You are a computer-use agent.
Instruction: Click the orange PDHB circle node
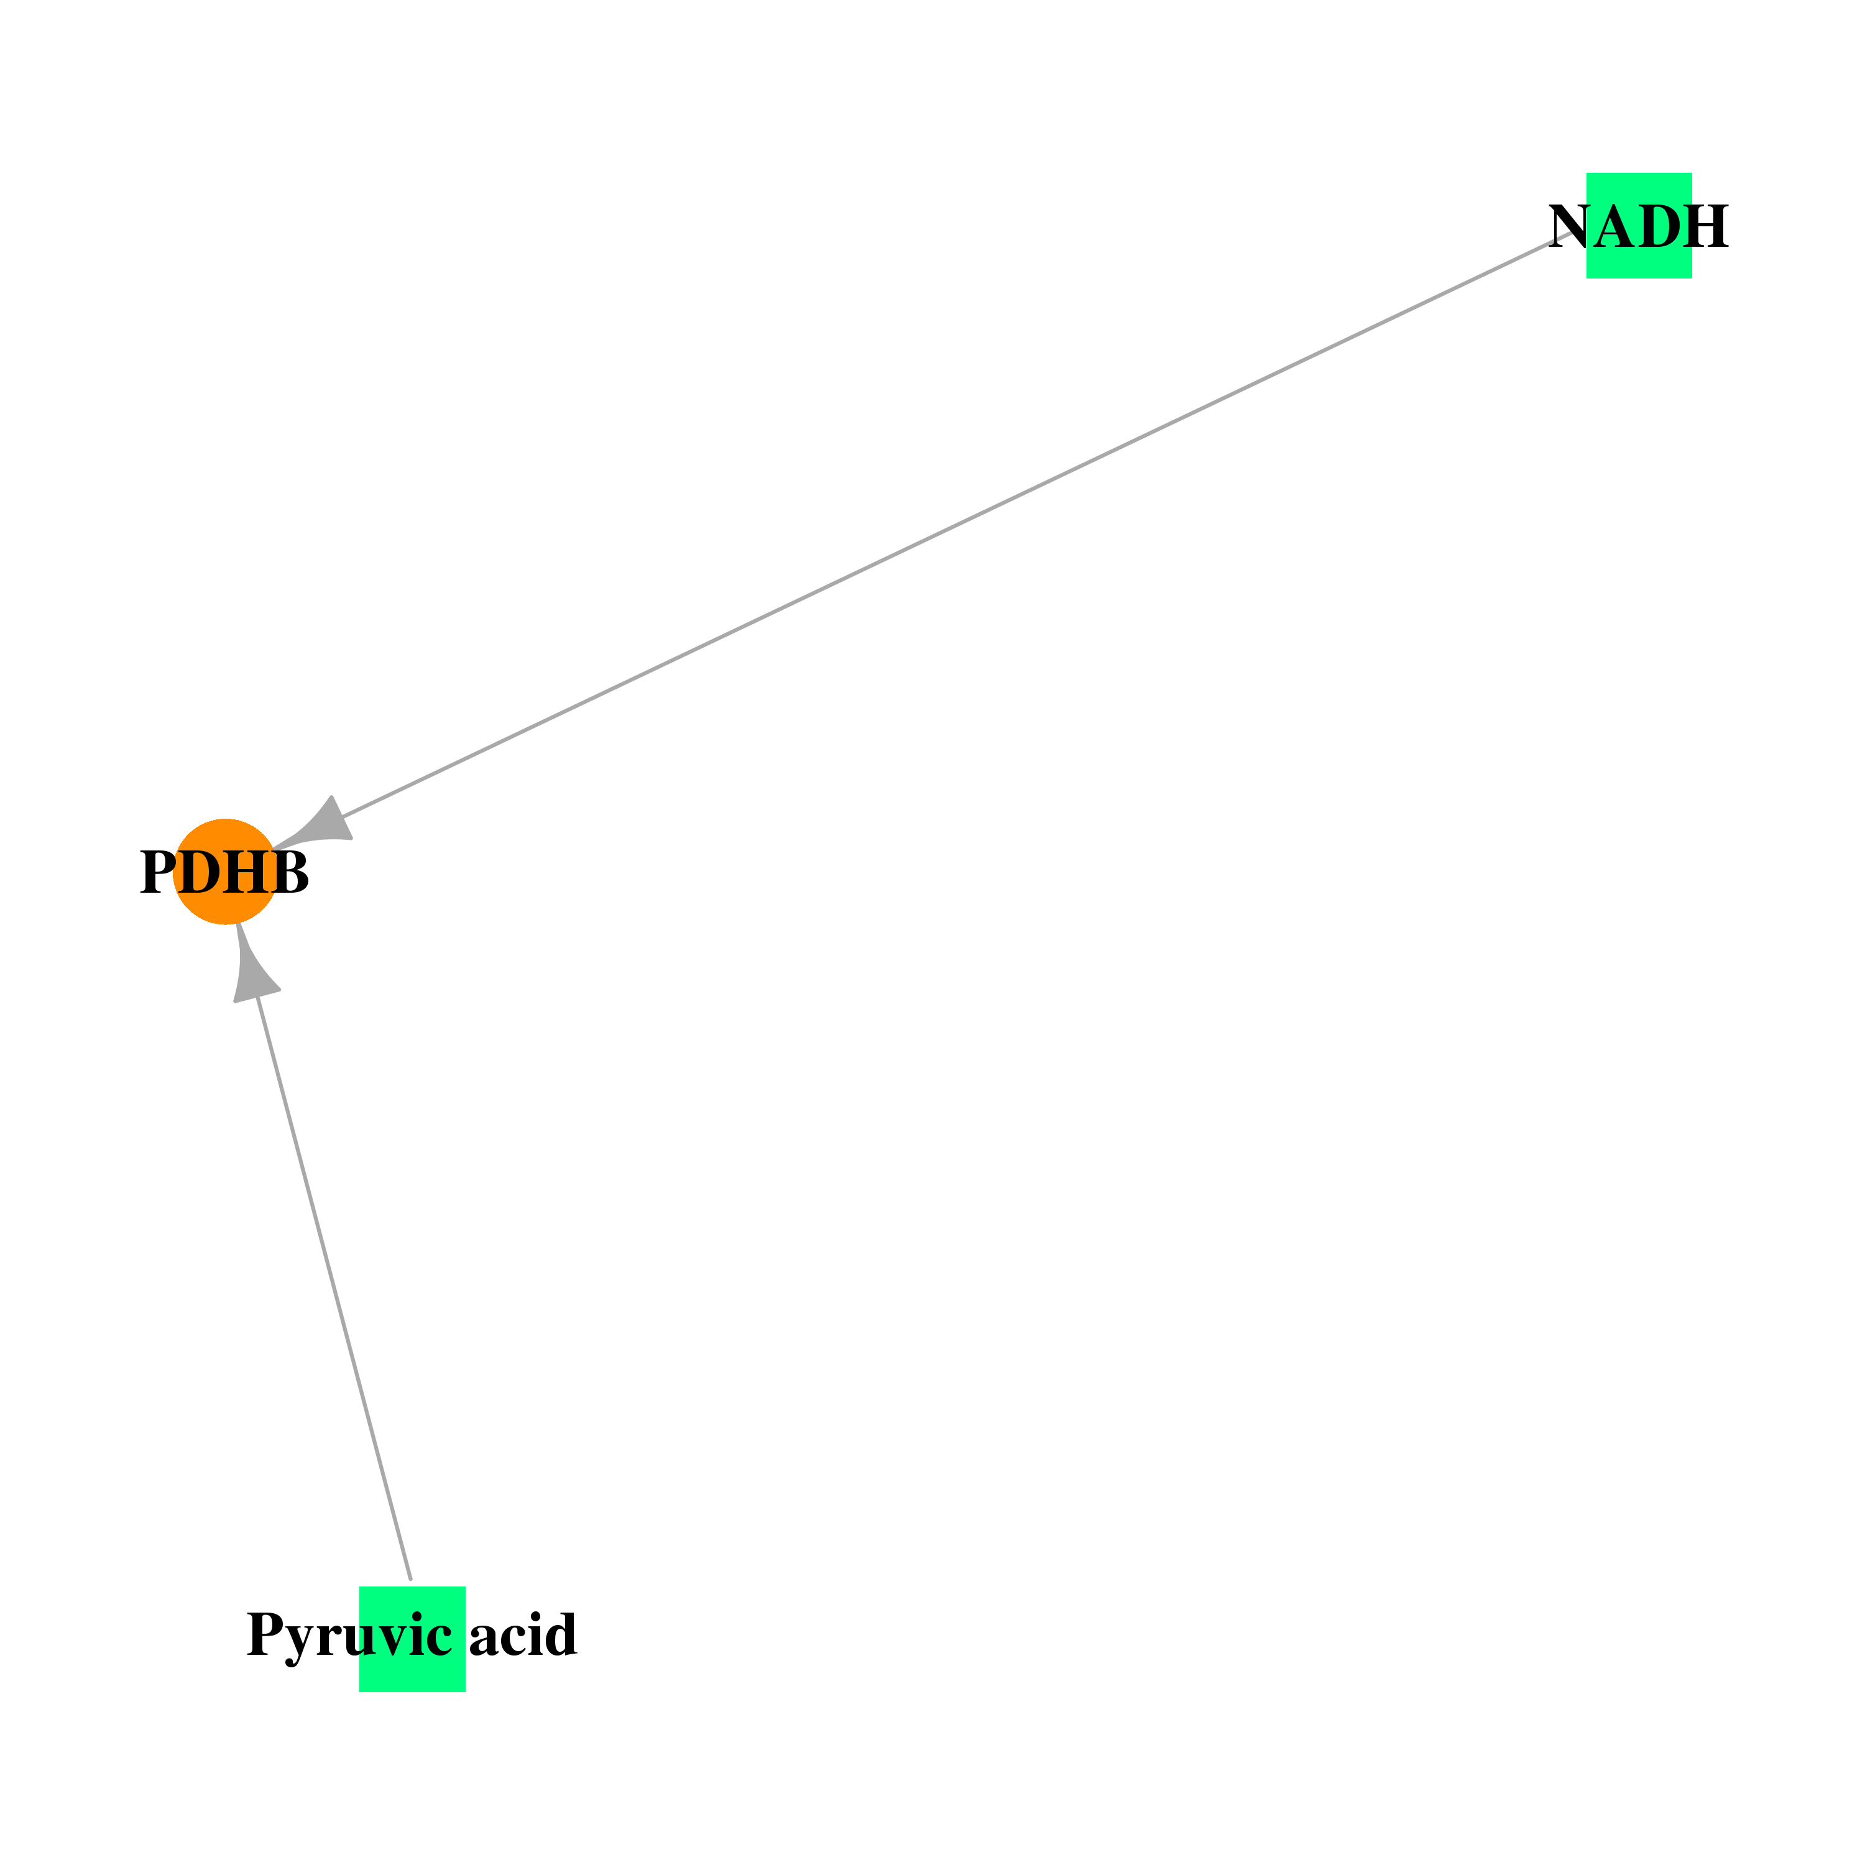tap(225, 872)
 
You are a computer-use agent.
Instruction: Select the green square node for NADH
tap(1639, 226)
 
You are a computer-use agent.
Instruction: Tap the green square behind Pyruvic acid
tap(412, 1639)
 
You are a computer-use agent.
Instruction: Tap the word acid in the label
tap(523, 1634)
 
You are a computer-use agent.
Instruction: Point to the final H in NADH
tap(1705, 227)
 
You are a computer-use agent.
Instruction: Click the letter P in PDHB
tap(159, 873)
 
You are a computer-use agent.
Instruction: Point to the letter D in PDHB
tap(200, 873)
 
